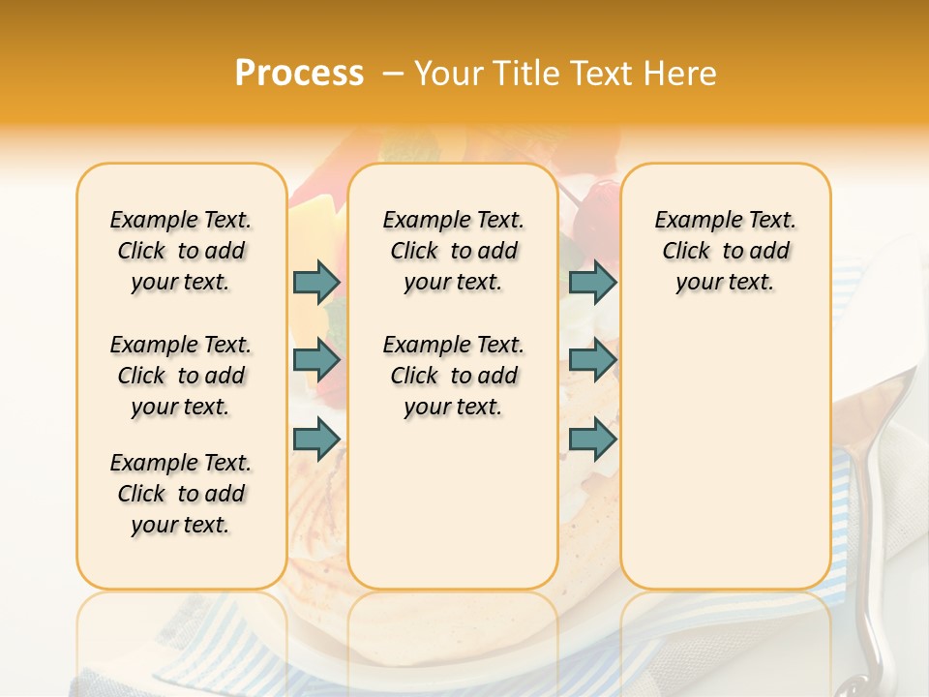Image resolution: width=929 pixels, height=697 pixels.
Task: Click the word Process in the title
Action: [x=299, y=74]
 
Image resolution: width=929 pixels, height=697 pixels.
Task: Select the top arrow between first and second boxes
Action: [x=316, y=282]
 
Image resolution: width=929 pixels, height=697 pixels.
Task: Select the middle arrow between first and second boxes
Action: [x=316, y=361]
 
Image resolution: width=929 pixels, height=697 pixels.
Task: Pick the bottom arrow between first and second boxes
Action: [x=316, y=439]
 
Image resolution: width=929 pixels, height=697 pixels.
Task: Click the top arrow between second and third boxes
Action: [x=592, y=282]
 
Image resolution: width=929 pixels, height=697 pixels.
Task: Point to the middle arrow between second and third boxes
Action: [x=592, y=361]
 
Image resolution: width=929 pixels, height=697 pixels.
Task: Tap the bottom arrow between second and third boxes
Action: [x=592, y=439]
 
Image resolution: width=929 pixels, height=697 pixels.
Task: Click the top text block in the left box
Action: [x=181, y=251]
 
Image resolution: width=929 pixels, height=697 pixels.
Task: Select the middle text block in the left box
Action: [x=181, y=376]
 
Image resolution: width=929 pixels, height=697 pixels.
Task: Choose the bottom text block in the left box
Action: [x=181, y=494]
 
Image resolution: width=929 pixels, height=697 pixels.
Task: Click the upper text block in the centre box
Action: [x=453, y=251]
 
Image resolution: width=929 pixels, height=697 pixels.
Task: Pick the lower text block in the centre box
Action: [x=453, y=376]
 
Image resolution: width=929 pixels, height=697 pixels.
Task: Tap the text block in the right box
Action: [x=725, y=251]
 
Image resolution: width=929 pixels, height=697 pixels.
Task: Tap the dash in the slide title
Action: [x=393, y=74]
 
